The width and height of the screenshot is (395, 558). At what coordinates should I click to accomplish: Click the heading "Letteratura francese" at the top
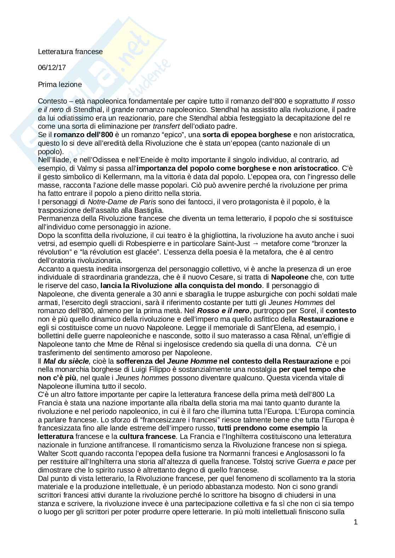point(70,52)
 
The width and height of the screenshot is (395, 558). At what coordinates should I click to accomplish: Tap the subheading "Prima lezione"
point(60,85)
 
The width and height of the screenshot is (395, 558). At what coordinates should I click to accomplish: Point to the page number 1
point(356,522)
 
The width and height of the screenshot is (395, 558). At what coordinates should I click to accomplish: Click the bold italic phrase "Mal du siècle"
point(67,361)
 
